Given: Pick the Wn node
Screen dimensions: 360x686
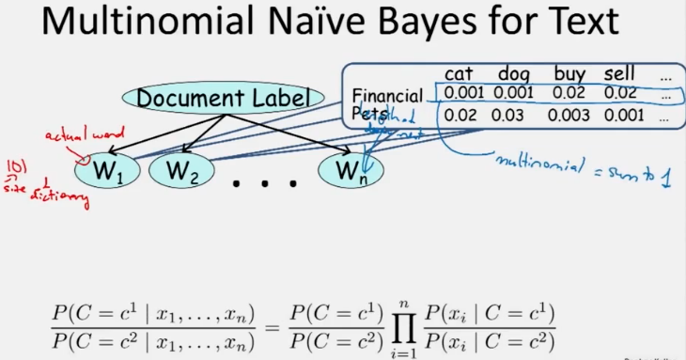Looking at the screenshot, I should point(352,171).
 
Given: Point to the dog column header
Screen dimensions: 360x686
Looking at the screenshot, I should point(515,73).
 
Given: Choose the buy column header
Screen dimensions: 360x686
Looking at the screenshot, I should point(569,73).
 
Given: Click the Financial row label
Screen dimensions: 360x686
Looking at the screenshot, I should point(385,95).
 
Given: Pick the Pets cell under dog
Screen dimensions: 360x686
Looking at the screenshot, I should point(514,116).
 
